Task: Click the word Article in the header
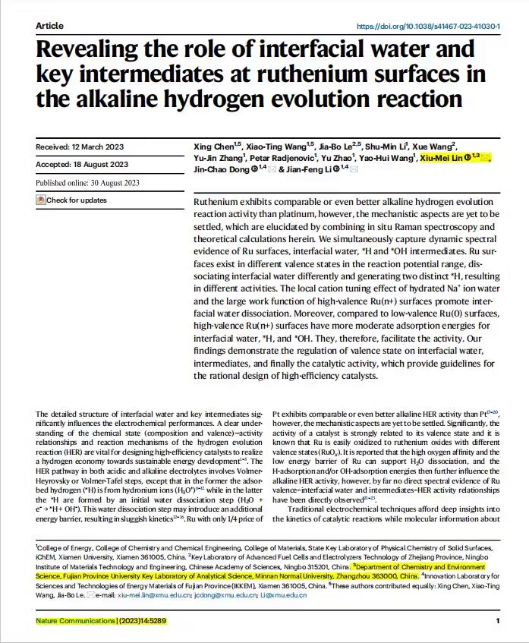click(x=49, y=26)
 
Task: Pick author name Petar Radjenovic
click(x=279, y=157)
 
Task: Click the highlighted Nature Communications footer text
click(x=100, y=621)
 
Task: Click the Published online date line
click(x=87, y=183)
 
